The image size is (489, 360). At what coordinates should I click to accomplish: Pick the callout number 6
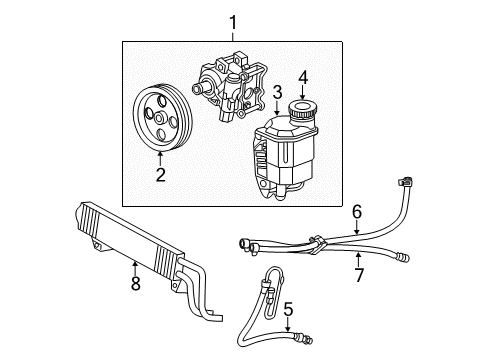click(x=355, y=211)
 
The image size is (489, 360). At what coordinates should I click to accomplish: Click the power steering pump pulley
click(x=159, y=121)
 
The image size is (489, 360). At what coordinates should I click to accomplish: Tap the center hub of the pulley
click(x=160, y=121)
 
